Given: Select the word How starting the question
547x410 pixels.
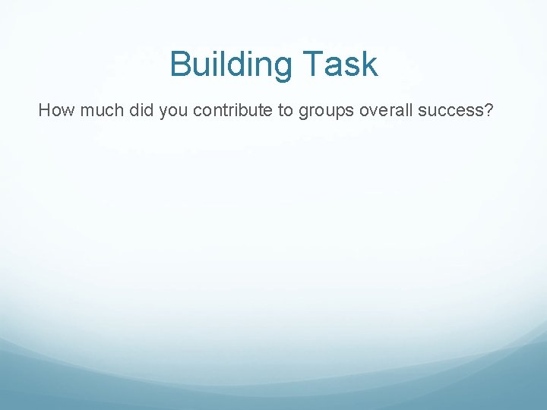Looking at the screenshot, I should point(53,111).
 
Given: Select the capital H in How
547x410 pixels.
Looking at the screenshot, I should point(44,111).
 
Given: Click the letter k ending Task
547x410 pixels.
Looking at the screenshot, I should point(369,64).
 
